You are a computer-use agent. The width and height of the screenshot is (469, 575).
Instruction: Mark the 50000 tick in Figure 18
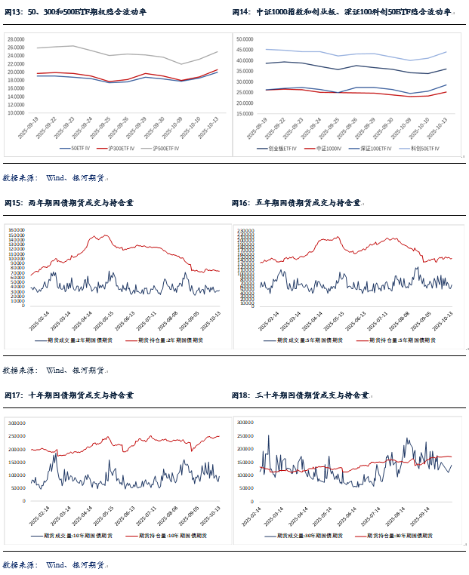coord(248,487)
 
